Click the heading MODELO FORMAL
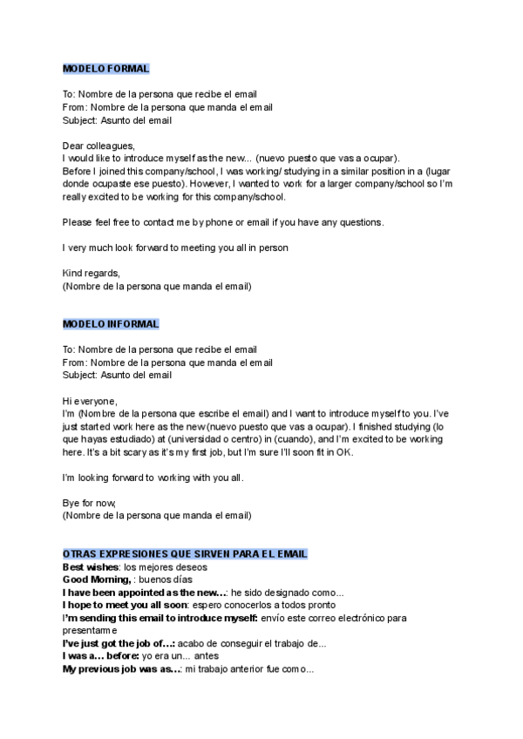(x=105, y=69)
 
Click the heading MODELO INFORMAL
(x=111, y=324)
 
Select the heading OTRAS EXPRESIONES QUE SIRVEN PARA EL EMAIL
(x=184, y=554)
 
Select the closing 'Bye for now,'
(x=89, y=504)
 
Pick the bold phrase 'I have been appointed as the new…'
(x=145, y=593)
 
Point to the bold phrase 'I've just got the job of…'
(x=119, y=643)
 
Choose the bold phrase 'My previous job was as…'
(x=122, y=668)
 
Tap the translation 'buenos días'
(x=166, y=580)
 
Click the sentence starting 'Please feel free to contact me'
(x=223, y=222)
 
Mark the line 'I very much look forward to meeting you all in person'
(x=175, y=247)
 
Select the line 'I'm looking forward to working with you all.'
(x=153, y=478)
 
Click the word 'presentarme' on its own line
(x=90, y=630)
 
